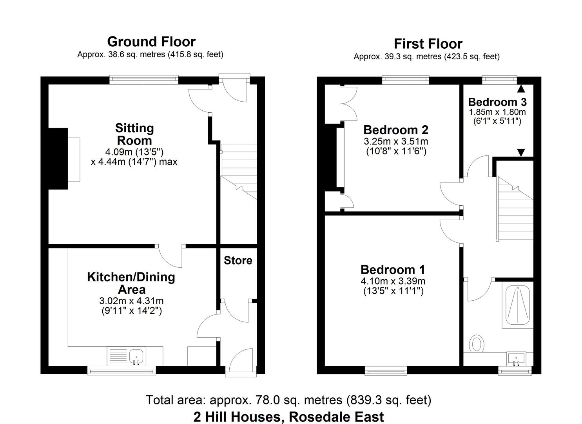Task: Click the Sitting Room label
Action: click(134, 134)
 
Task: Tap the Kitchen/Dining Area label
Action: click(131, 283)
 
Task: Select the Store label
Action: click(238, 261)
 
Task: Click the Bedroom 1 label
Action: click(393, 270)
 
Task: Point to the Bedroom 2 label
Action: click(395, 130)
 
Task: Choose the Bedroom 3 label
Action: click(497, 102)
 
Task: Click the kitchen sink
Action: click(136, 356)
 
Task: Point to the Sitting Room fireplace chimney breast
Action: click(58, 159)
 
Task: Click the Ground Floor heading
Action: click(151, 42)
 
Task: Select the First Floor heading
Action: click(428, 44)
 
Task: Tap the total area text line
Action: click(288, 400)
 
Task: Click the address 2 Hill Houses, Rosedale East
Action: click(288, 417)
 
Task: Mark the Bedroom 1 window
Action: click(386, 370)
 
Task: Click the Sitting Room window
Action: click(144, 80)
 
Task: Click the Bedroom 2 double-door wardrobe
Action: click(348, 104)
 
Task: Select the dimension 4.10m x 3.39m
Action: click(393, 281)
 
